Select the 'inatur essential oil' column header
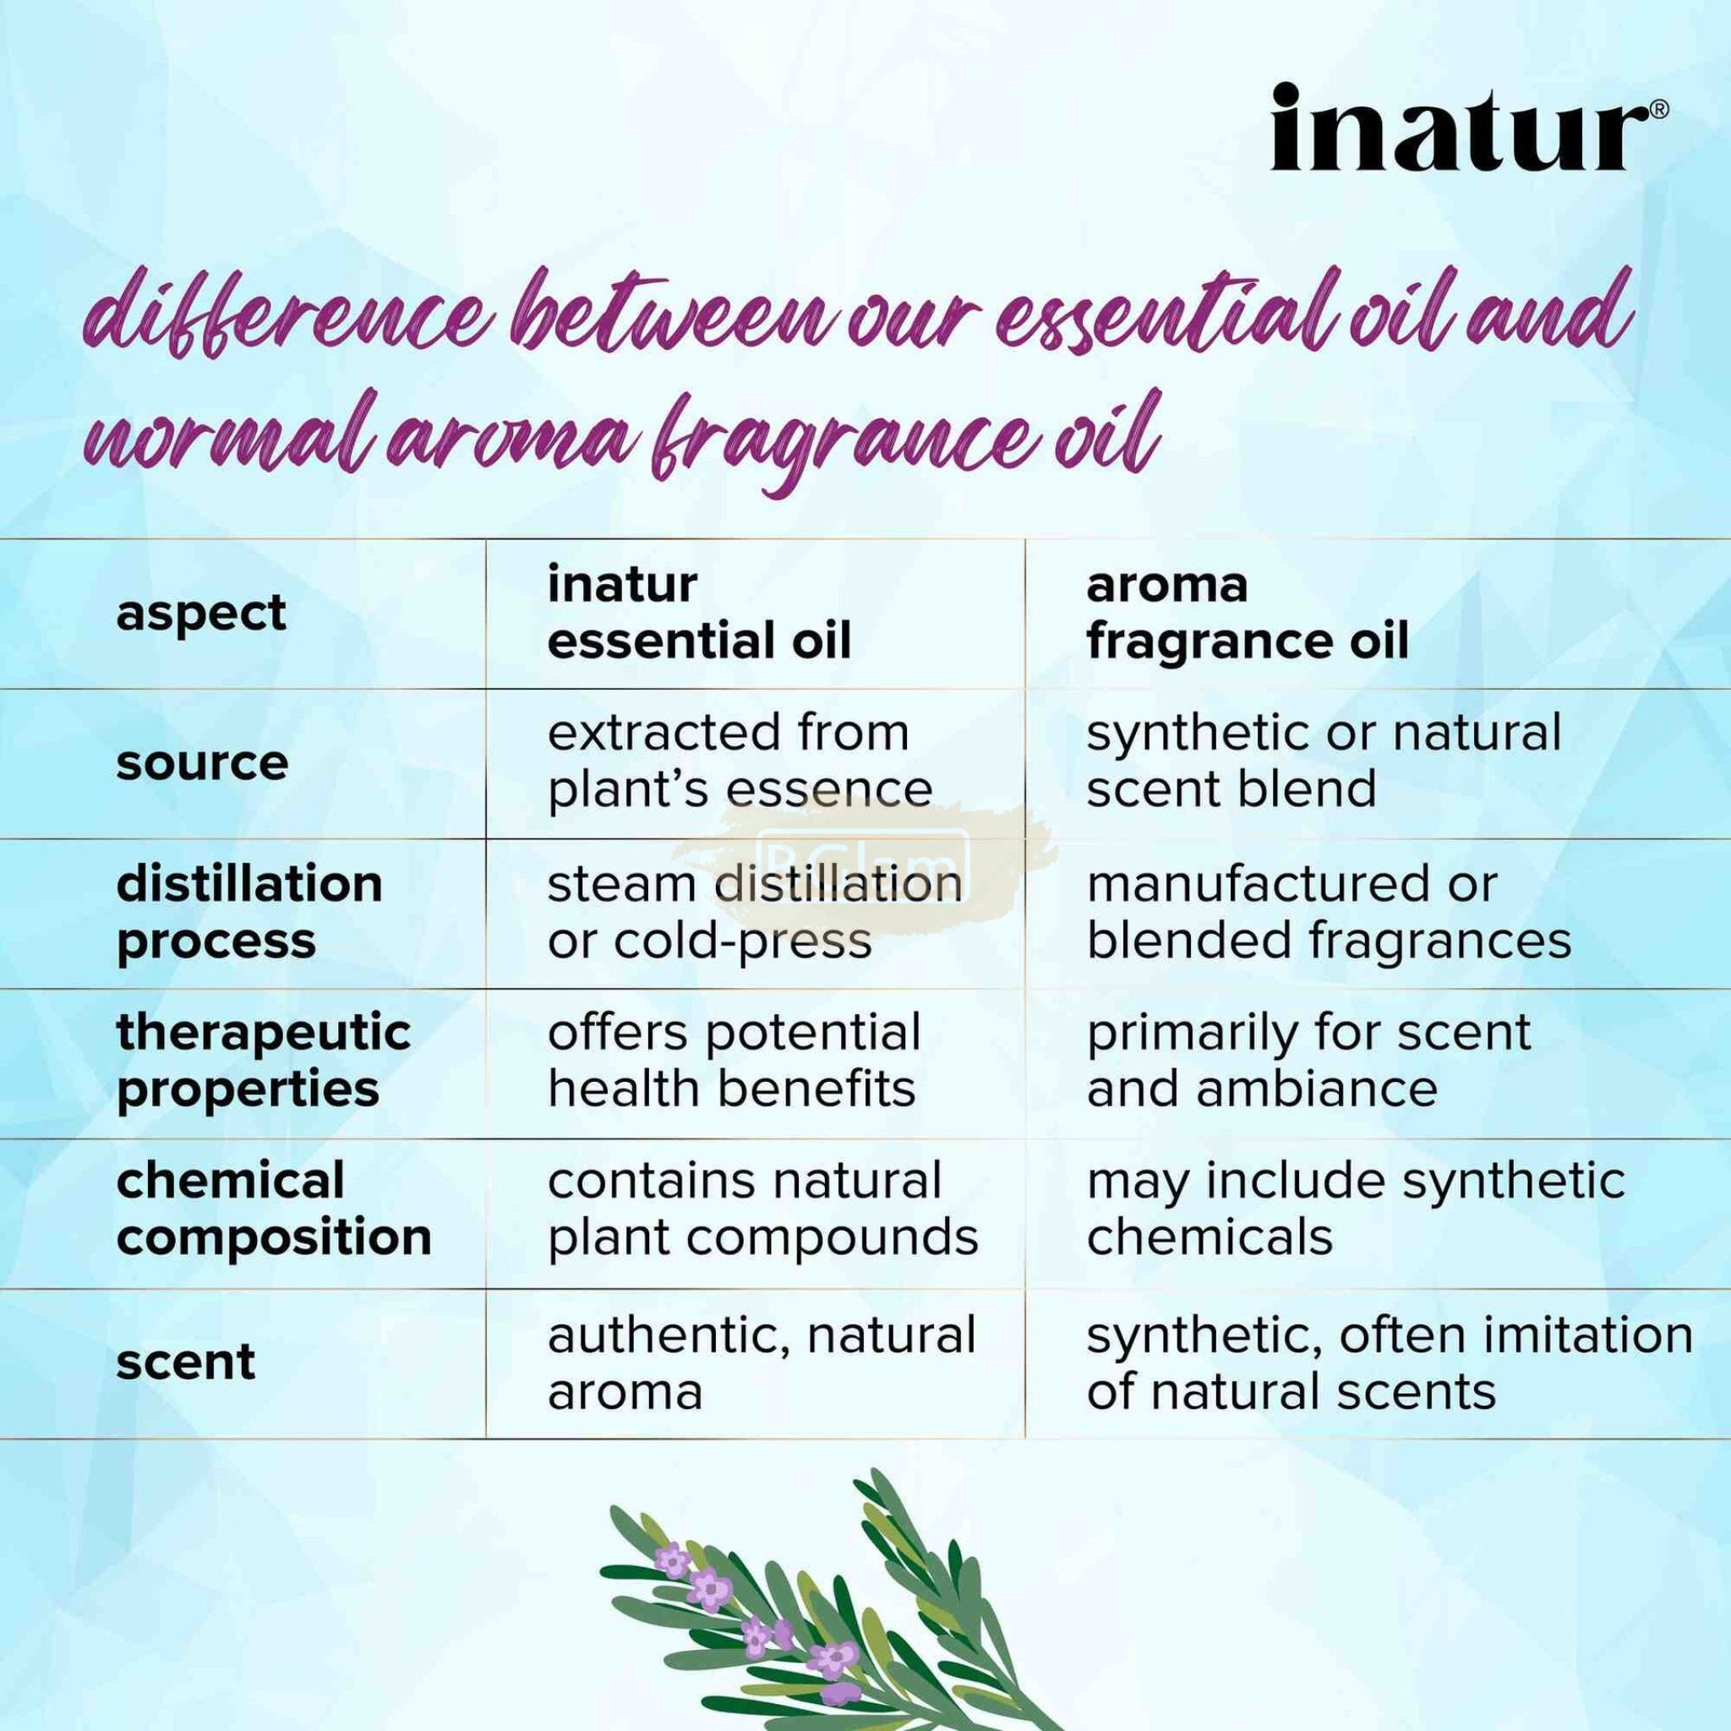(700, 614)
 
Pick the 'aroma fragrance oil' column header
(1248, 614)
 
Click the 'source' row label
(203, 763)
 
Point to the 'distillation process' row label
(250, 913)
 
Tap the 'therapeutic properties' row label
(264, 1062)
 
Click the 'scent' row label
(186, 1362)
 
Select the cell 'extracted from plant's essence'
(740, 762)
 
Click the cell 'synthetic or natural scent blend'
(1324, 762)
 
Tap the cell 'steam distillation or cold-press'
(756, 913)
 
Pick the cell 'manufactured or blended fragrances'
(1330, 913)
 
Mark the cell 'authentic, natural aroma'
(762, 1362)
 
